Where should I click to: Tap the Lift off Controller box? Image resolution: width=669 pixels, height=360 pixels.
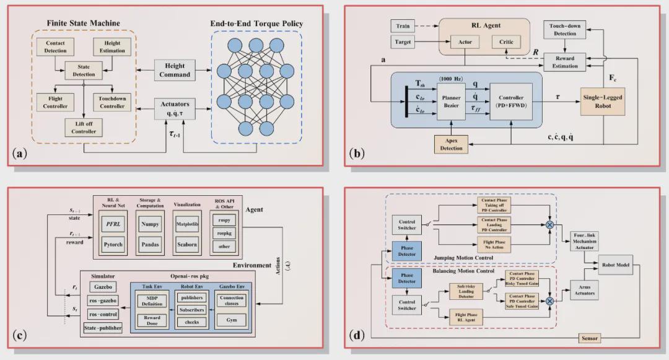click(84, 127)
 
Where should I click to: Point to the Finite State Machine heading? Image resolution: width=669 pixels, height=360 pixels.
click(84, 24)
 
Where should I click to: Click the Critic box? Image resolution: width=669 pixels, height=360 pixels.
click(506, 43)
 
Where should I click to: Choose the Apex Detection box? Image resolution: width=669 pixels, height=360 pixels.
click(450, 144)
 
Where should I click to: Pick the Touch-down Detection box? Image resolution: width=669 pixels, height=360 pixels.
click(564, 29)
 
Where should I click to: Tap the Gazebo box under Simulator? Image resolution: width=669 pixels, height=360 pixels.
click(102, 287)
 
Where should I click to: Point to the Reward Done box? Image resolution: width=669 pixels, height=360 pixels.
click(152, 320)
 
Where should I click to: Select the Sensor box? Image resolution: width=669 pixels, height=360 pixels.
click(589, 338)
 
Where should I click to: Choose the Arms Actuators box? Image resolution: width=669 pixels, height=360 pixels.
click(584, 289)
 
